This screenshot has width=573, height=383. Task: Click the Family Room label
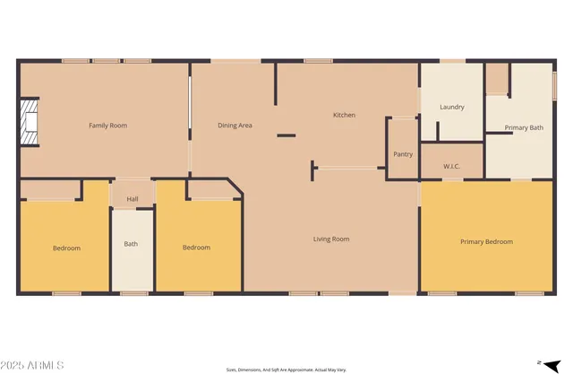[x=107, y=126]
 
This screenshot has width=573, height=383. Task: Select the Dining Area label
[x=235, y=126]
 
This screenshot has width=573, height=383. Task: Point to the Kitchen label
[x=344, y=115]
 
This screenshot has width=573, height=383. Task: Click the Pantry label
[x=403, y=154]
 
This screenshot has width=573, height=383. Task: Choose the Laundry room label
[x=452, y=108]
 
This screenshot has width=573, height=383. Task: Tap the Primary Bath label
[x=524, y=128]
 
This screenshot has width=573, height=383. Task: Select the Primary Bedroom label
[x=486, y=242]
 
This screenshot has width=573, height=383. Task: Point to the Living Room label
[x=331, y=239]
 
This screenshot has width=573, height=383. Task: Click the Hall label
[x=133, y=199]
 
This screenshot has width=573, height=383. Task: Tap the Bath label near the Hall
[x=131, y=244]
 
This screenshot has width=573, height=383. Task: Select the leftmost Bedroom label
[x=66, y=248]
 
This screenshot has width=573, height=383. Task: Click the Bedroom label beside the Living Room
[x=196, y=248]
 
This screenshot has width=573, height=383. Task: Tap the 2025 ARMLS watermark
[x=33, y=365]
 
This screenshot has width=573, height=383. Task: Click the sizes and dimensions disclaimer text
[x=286, y=370]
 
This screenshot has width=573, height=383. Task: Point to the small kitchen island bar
[x=286, y=135]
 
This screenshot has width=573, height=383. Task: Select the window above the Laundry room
[x=452, y=61]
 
